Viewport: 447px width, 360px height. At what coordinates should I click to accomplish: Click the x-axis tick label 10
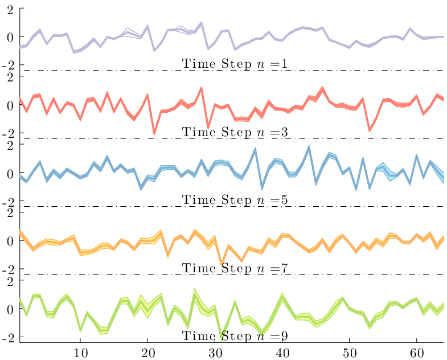point(81,353)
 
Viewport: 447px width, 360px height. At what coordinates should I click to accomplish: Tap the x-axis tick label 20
point(148,353)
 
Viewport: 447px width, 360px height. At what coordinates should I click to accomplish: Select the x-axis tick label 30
point(215,353)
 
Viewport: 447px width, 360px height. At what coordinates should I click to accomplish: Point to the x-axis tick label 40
point(282,353)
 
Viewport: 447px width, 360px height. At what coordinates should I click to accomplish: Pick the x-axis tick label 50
point(350,353)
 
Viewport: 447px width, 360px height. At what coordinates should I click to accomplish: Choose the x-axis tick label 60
point(417,353)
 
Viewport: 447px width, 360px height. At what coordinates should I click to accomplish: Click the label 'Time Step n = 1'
point(235,64)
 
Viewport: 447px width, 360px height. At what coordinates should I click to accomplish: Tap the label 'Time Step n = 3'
point(235,132)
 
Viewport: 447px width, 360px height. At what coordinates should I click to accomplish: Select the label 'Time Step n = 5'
point(235,200)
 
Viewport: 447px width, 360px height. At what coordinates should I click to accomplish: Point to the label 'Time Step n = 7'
point(235,268)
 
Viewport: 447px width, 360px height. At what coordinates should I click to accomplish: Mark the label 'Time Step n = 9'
point(235,336)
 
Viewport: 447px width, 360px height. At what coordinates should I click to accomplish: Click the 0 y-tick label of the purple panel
point(10,37)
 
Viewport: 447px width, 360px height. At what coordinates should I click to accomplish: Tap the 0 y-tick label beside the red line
point(10,105)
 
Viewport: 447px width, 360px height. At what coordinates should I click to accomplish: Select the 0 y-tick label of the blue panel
point(10,173)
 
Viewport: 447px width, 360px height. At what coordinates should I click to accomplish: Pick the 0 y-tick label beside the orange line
point(10,242)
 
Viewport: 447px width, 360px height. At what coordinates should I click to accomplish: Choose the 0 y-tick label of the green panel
point(10,309)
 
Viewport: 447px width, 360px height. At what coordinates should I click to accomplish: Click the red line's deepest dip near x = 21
point(154,133)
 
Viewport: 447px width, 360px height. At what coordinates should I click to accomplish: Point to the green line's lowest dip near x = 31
point(222,339)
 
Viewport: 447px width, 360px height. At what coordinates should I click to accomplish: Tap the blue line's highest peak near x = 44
point(309,146)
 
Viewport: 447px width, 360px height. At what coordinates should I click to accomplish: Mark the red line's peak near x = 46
point(322,88)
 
